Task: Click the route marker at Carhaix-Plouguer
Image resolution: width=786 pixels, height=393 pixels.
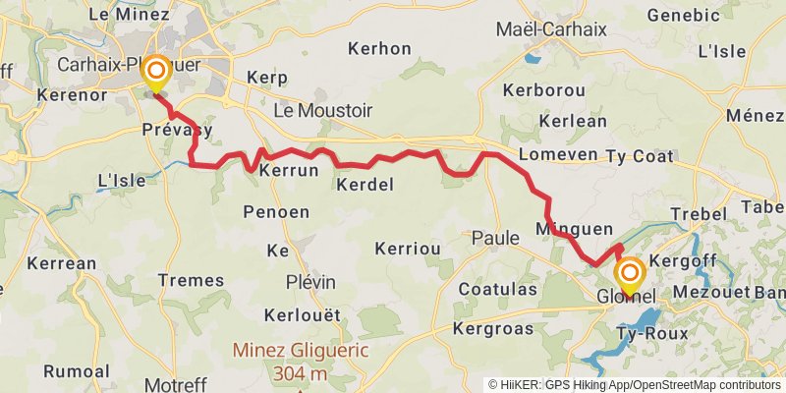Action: coord(155,74)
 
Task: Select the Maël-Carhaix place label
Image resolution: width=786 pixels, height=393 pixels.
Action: coord(551,29)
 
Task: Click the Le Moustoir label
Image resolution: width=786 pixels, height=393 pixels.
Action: coord(323,111)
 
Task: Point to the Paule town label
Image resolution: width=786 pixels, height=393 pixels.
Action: coord(495,237)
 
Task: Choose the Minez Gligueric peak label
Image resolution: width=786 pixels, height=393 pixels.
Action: coord(300,350)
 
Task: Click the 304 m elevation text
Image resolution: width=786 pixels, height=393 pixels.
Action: coord(300,373)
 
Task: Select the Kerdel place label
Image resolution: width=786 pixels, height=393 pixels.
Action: coord(365,185)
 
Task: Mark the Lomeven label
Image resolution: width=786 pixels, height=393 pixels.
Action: coord(557,155)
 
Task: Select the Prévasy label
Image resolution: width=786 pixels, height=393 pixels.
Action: coord(177,130)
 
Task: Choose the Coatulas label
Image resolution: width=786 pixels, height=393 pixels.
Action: coord(498,289)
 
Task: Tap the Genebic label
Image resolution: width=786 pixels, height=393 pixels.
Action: coord(684,15)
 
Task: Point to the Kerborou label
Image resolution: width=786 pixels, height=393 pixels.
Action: coord(543,89)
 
